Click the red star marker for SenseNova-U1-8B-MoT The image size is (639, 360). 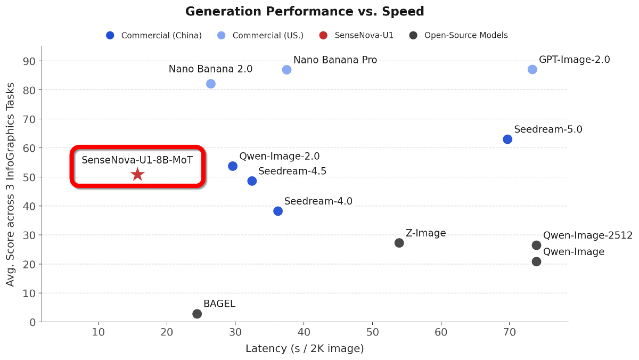click(x=137, y=174)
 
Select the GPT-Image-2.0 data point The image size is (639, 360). click(x=532, y=69)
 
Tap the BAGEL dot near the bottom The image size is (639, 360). click(x=197, y=314)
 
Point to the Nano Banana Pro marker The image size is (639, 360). click(x=286, y=70)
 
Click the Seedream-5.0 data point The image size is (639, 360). click(x=507, y=139)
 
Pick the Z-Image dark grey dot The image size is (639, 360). click(x=399, y=243)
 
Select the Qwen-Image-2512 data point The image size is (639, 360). click(x=536, y=245)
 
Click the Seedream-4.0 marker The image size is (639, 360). click(x=278, y=211)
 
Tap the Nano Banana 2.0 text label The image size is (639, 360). click(x=210, y=69)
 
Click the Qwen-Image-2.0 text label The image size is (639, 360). click(x=280, y=157)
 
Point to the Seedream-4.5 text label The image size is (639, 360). click(x=292, y=171)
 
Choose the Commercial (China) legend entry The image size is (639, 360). click(x=154, y=36)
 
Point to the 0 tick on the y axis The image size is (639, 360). click(x=32, y=322)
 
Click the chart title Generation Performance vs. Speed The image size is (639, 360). click(x=305, y=12)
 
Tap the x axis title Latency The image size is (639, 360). click(x=305, y=349)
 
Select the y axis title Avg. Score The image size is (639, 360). click(x=11, y=184)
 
